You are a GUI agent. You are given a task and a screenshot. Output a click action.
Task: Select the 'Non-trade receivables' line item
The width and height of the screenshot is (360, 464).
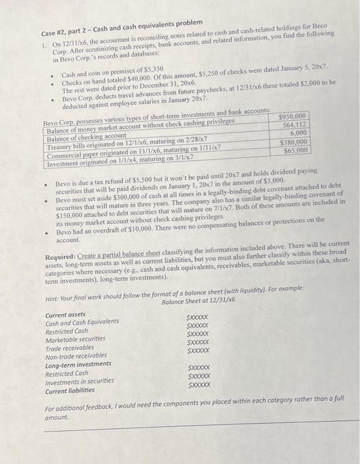[77, 356]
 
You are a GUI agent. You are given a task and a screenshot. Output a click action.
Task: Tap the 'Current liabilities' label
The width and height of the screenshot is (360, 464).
[71, 392]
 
